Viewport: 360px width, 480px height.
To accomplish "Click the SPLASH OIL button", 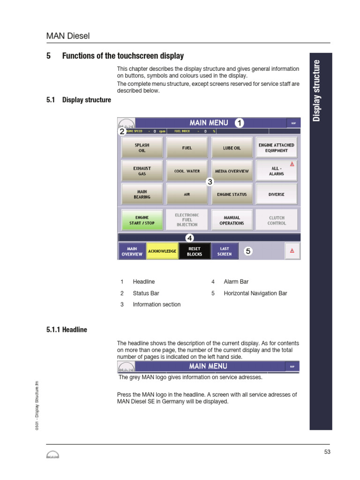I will [x=142, y=148].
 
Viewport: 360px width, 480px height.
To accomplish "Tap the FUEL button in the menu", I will [x=187, y=148].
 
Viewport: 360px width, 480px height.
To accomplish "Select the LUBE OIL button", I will [x=232, y=148].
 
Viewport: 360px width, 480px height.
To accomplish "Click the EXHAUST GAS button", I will [x=142, y=171].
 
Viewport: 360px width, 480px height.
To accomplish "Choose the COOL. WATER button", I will [x=187, y=171].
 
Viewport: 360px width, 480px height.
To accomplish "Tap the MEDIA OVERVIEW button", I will [x=232, y=171].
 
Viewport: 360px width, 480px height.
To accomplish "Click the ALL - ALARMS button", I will [x=277, y=171].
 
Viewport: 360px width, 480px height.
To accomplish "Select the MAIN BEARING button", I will [x=142, y=194].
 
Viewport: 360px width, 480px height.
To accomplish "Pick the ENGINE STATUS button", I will [x=232, y=194].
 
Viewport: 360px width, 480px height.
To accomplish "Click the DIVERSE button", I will [x=277, y=194].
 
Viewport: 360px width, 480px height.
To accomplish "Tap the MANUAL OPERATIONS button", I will [x=232, y=220].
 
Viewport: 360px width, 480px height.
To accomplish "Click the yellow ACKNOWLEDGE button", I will [x=162, y=251].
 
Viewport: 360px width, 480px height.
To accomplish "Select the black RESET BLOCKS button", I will [x=195, y=251].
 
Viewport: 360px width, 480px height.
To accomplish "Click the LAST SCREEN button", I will [x=225, y=251].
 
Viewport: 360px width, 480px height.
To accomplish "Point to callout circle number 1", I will [x=239, y=123].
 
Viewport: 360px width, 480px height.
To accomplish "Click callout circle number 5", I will [x=248, y=252].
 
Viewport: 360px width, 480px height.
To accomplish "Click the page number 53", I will [x=327, y=452].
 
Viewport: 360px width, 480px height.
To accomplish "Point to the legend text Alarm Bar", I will [x=236, y=282].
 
